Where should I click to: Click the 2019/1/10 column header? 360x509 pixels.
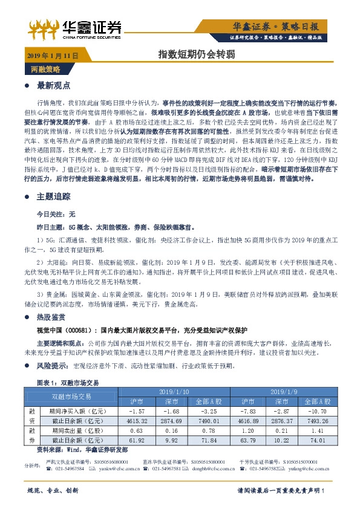pyautogui.click(x=174, y=392)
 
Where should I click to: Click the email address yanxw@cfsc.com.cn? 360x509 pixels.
pyautogui.click(x=107, y=468)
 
